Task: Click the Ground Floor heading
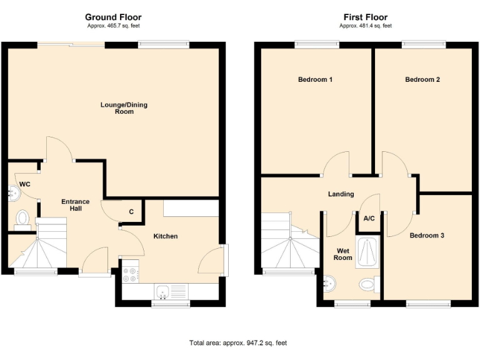113,17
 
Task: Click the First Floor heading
365,17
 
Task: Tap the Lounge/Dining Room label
124,107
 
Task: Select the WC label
25,184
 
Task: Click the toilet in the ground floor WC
23,218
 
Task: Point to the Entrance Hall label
75,204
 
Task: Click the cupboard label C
131,212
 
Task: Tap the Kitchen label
166,236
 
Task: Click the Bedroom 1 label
314,79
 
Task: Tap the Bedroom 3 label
427,236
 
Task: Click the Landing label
341,194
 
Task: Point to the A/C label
369,219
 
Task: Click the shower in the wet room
367,252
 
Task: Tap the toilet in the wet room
369,285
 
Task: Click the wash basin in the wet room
329,284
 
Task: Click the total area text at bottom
238,342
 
